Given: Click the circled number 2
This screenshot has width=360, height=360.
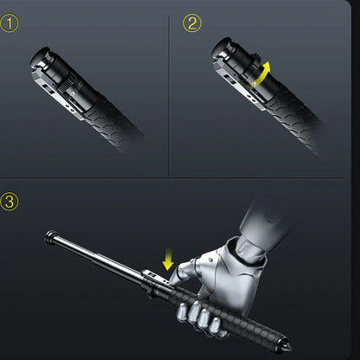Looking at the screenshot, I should [192, 23].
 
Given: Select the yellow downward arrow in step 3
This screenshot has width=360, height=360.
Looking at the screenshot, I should [168, 258].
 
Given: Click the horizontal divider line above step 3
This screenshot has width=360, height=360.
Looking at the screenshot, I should [180, 179].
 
